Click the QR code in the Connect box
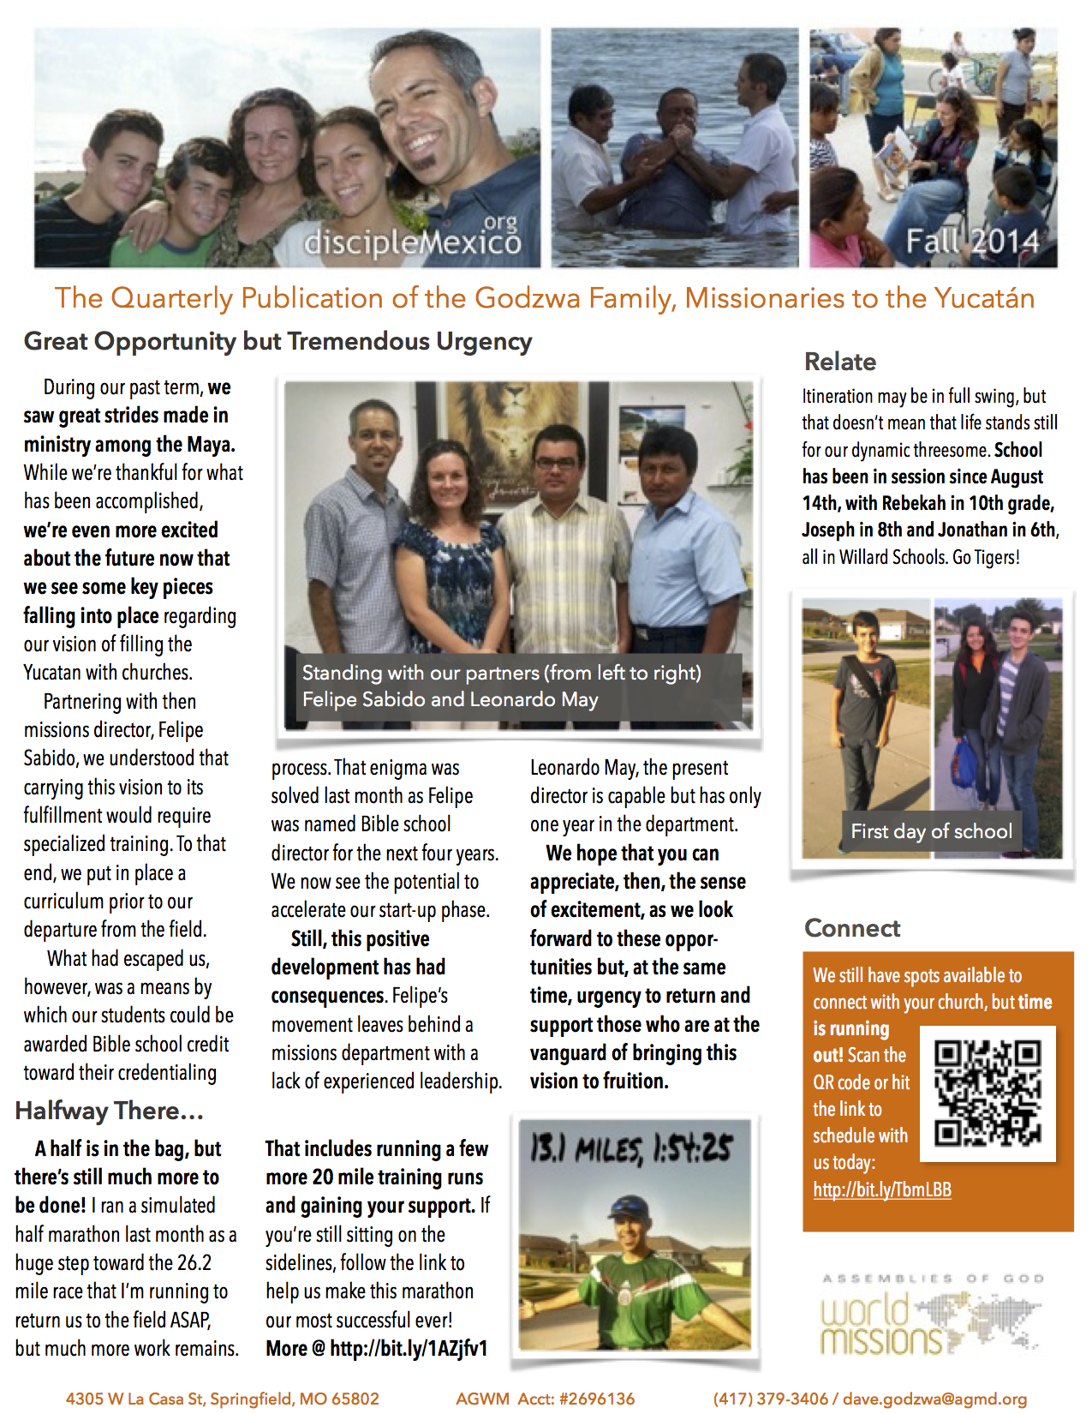988,1093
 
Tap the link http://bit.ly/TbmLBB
882,1189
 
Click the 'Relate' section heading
839,362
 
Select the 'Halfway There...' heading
109,1111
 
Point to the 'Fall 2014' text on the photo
972,242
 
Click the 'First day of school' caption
931,831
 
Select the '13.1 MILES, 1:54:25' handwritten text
631,1148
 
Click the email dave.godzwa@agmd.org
934,1399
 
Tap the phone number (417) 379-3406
770,1399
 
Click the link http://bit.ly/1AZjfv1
408,1348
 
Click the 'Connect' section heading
851,928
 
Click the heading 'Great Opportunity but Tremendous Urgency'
277,341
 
